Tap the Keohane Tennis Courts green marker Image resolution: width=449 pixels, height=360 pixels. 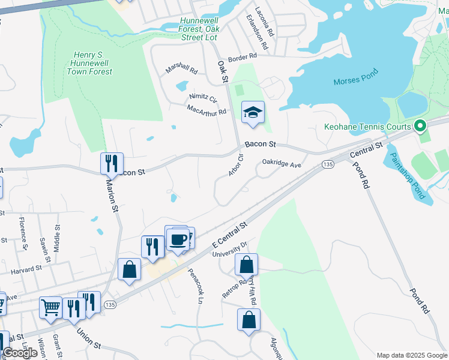pos(420,126)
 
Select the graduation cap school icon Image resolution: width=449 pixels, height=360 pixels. pos(253,112)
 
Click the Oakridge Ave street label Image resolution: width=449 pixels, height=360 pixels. pos(281,163)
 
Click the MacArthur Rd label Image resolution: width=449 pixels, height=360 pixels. pos(206,110)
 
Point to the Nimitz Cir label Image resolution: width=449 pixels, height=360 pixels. pos(203,97)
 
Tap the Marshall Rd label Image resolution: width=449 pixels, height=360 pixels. pos(182,70)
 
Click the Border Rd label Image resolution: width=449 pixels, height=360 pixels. pos(242,56)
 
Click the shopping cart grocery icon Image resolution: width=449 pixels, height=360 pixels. pos(51,307)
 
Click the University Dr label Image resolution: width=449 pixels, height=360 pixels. pos(230,248)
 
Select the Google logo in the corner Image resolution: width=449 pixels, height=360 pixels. pos(20,353)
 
